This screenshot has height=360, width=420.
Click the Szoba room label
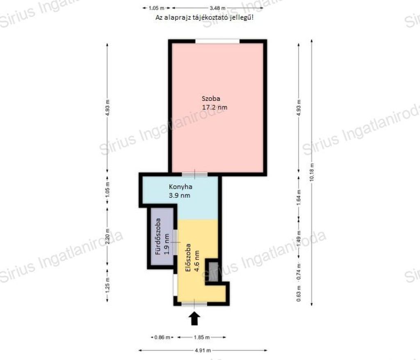211,98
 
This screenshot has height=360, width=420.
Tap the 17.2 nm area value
215,107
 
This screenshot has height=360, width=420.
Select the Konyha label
180,187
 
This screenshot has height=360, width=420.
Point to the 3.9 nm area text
179,195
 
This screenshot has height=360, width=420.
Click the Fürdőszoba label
158,236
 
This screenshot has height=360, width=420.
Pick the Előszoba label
188,257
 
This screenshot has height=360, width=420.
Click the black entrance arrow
194,318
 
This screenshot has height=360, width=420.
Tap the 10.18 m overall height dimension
312,172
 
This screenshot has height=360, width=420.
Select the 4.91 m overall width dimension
203,350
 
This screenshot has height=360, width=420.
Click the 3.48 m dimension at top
217,8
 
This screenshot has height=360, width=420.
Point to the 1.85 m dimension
202,337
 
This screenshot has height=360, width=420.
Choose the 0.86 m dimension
162,337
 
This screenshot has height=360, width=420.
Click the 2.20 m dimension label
107,236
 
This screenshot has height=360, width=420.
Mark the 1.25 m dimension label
107,285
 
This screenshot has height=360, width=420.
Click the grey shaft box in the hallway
213,272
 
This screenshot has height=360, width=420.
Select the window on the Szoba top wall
217,41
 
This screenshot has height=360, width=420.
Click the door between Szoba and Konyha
195,174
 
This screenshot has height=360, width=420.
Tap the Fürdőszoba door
175,242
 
